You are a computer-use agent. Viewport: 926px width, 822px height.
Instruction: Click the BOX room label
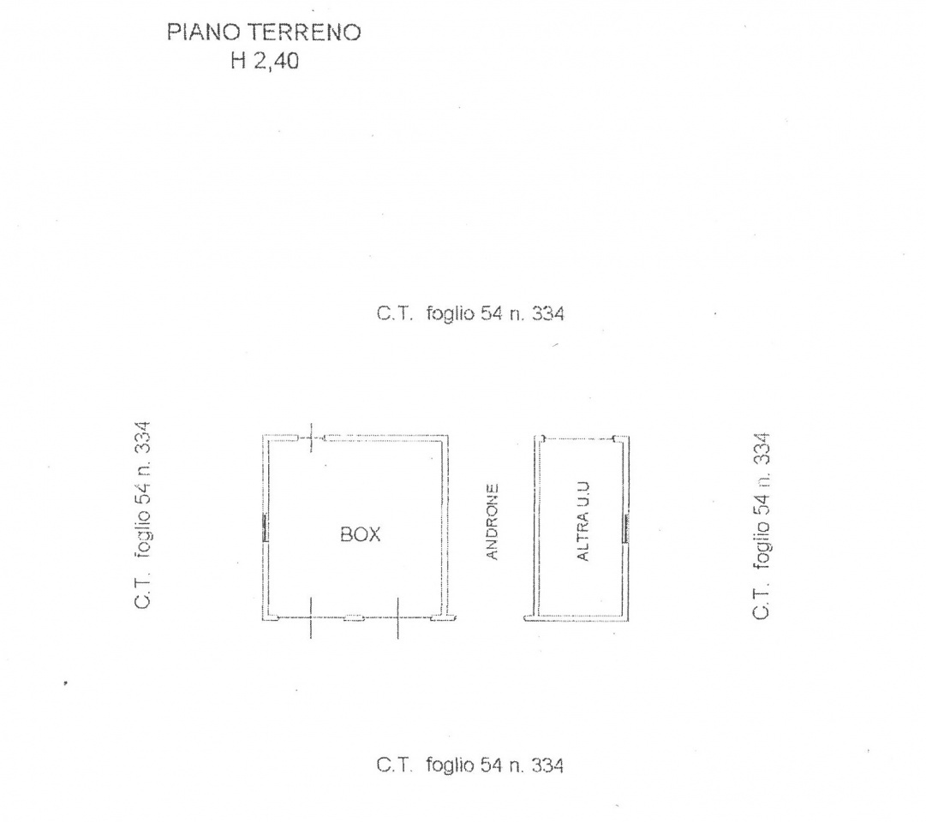[x=361, y=534]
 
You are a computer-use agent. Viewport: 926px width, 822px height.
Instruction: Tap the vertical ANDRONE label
[x=492, y=522]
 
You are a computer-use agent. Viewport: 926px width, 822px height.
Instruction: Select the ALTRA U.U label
[x=582, y=521]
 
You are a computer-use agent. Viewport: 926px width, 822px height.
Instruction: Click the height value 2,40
[x=277, y=61]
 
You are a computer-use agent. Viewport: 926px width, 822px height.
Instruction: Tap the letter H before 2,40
[x=239, y=60]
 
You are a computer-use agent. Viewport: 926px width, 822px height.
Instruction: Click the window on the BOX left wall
[x=266, y=527]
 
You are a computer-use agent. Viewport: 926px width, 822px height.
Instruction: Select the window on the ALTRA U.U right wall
[x=626, y=527]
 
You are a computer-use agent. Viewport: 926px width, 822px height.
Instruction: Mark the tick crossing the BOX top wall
[x=311, y=438]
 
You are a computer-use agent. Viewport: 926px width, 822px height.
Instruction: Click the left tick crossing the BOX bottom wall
[x=311, y=617]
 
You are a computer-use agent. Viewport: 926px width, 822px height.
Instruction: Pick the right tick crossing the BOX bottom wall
[x=397, y=618]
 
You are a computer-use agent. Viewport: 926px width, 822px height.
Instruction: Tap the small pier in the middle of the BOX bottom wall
[x=355, y=617]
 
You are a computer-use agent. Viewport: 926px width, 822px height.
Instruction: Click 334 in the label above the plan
[x=548, y=313]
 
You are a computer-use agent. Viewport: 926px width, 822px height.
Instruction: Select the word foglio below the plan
[x=450, y=765]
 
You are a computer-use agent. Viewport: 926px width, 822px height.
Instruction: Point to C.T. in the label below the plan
[x=395, y=765]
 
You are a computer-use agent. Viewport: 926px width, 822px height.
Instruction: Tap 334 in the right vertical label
[x=762, y=449]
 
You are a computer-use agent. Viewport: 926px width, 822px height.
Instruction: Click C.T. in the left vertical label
[x=143, y=591]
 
